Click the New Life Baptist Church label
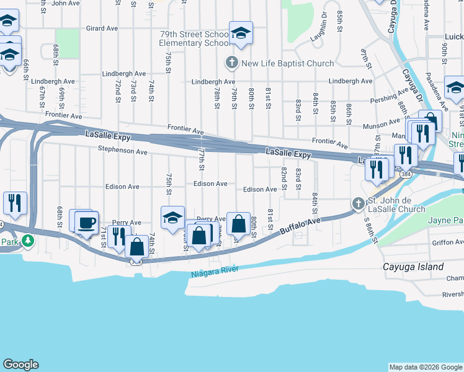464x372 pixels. [287, 63]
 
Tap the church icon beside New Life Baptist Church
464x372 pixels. [231, 63]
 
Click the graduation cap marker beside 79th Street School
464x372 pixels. [241, 33]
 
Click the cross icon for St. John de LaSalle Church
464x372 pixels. [358, 203]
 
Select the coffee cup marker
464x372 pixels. [86, 221]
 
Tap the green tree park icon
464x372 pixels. [27, 241]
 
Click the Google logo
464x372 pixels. [20, 365]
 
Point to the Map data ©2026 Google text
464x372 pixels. [425, 367]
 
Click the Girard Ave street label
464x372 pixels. [102, 29]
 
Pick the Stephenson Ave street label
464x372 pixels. [122, 150]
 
